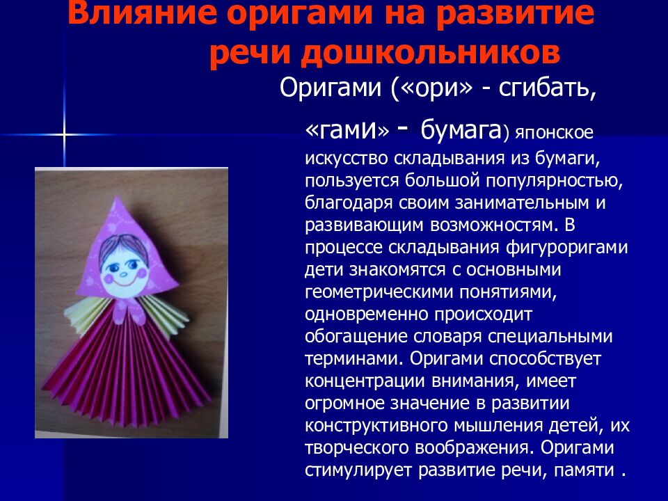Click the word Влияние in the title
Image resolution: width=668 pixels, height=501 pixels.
coord(129,15)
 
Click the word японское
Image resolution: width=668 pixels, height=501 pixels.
coord(552,132)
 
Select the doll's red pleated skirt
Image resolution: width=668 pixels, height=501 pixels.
coord(128,376)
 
